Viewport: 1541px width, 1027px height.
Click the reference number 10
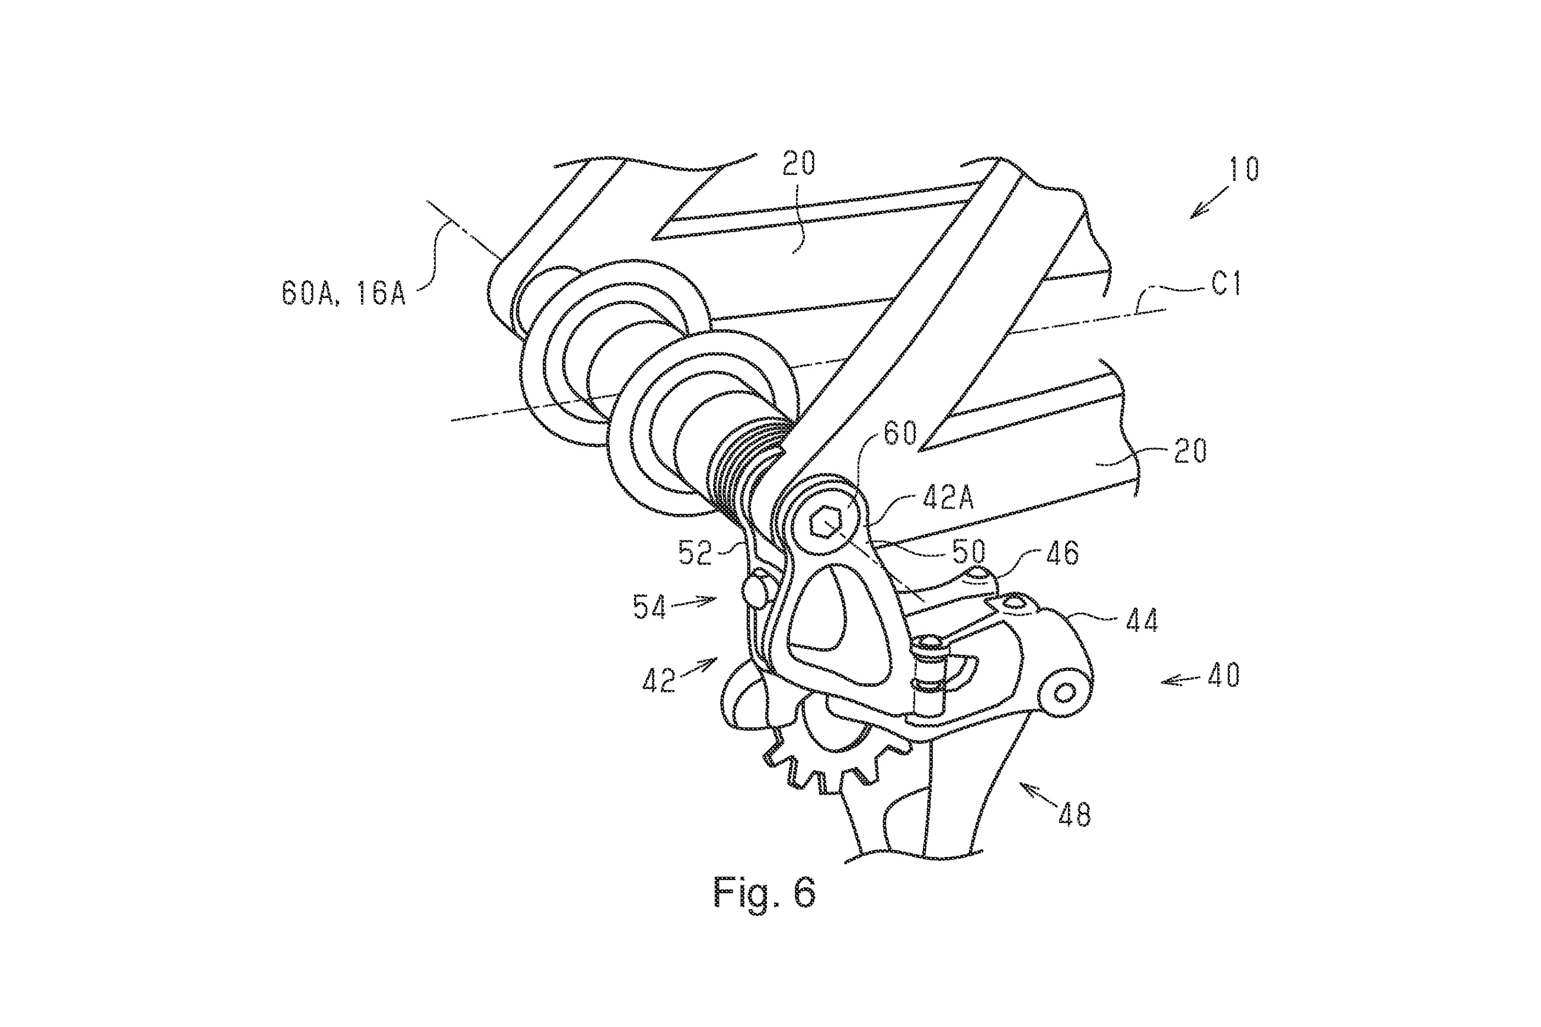[1243, 169]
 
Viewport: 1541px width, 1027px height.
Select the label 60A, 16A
[344, 292]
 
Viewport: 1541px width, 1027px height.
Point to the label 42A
[948, 498]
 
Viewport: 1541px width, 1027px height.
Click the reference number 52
[695, 554]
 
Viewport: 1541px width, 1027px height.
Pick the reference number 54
[650, 607]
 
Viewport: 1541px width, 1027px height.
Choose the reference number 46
[1062, 554]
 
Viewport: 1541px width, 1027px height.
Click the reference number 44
[1142, 620]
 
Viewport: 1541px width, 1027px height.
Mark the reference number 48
[1075, 815]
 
